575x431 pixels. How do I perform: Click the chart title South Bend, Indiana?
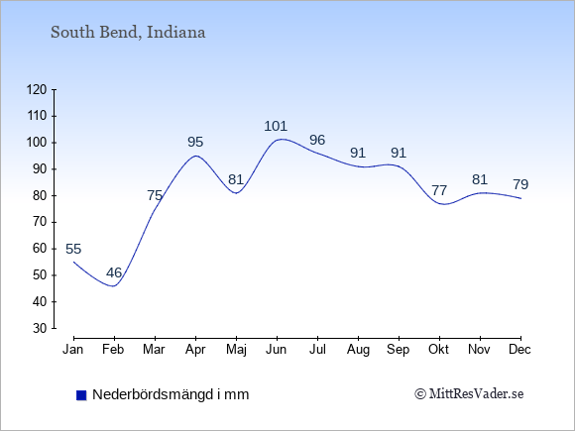pos(128,33)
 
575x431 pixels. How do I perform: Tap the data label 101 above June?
pos(276,126)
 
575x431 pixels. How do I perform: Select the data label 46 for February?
pos(114,272)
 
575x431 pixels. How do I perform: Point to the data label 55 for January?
pos(73,249)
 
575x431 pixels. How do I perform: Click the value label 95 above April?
pos(195,142)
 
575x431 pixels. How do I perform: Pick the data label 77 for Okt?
pos(439,190)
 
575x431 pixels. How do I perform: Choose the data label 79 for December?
pos(520,184)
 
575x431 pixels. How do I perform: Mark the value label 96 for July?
pos(317,140)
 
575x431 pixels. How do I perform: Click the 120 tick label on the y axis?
pos(37,89)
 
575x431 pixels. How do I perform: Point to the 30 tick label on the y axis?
pos(40,328)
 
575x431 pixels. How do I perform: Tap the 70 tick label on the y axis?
pos(40,222)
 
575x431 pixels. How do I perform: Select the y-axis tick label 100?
pos(37,143)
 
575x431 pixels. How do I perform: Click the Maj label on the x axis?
pos(236,350)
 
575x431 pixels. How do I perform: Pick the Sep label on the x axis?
pos(398,350)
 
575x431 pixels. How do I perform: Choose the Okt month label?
pos(438,350)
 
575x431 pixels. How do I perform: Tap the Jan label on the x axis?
pos(73,350)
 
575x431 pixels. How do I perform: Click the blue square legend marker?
pos(81,395)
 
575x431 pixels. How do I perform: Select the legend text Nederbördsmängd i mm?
pos(171,394)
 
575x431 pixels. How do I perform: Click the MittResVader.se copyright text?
pos(469,394)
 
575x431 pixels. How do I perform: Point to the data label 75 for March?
pos(155,195)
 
